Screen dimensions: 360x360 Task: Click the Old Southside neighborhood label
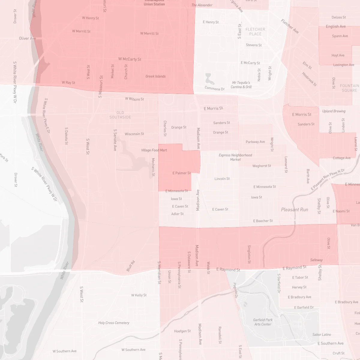pyautogui.click(x=120, y=115)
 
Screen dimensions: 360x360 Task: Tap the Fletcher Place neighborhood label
pyautogui.click(x=255, y=31)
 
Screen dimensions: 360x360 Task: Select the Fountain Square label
pyautogui.click(x=349, y=88)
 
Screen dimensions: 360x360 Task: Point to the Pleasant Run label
pyautogui.click(x=294, y=210)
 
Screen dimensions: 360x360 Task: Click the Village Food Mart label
pyautogui.click(x=154, y=150)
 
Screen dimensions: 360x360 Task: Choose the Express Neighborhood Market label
pyautogui.click(x=235, y=157)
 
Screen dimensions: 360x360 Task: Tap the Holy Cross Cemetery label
pyautogui.click(x=114, y=323)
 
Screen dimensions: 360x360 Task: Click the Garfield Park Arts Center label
pyautogui.click(x=263, y=322)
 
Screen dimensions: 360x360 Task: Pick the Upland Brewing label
pyautogui.click(x=334, y=111)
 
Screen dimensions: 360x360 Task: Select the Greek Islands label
pyautogui.click(x=155, y=76)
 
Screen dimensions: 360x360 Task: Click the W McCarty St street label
pyautogui.click(x=130, y=59)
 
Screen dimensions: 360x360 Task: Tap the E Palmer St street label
pyautogui.click(x=181, y=173)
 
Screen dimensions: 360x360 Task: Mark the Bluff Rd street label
pyautogui.click(x=131, y=266)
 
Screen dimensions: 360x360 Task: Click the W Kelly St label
pyautogui.click(x=139, y=295)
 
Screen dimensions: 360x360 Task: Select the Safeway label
pyautogui.click(x=316, y=260)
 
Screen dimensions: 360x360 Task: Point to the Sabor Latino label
pyautogui.click(x=322, y=334)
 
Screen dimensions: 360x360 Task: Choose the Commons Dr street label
pyautogui.click(x=214, y=88)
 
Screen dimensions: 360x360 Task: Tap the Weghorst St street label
pyautogui.click(x=262, y=166)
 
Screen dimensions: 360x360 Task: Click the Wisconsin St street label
pyautogui.click(x=134, y=134)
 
